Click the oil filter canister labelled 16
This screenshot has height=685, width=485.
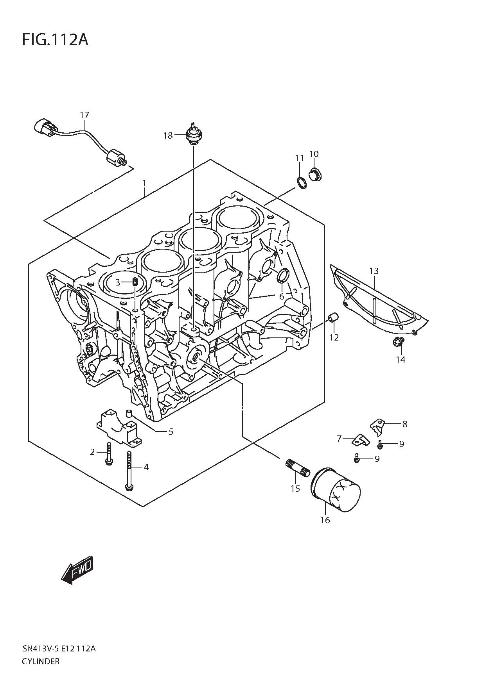pyautogui.click(x=335, y=489)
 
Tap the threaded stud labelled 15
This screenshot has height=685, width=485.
pyautogui.click(x=297, y=468)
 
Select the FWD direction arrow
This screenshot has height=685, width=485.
pyautogui.click(x=77, y=570)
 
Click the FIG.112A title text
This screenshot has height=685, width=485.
pyautogui.click(x=55, y=39)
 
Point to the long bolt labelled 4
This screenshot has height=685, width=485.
pyautogui.click(x=129, y=470)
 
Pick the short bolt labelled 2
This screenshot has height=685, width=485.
pyautogui.click(x=109, y=453)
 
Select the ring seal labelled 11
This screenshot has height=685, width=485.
pyautogui.click(x=301, y=182)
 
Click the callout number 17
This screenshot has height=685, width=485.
pyautogui.click(x=84, y=115)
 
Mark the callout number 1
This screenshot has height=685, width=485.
pyautogui.click(x=144, y=183)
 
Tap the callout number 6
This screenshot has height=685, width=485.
pyautogui.click(x=281, y=296)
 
